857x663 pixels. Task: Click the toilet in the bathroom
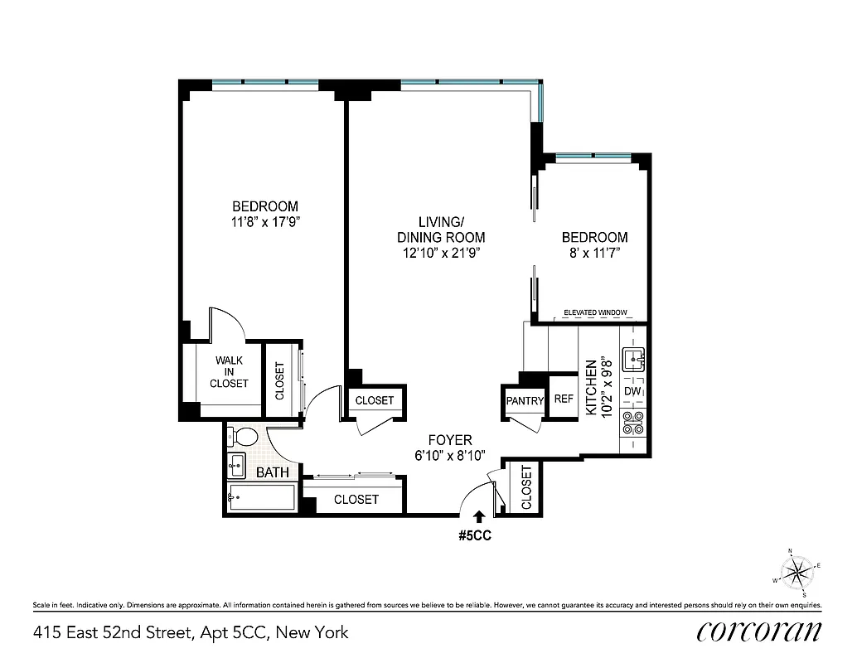click(243, 437)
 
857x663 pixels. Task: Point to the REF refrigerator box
click(564, 399)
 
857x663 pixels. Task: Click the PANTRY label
click(525, 401)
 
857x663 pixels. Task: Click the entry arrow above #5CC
click(478, 516)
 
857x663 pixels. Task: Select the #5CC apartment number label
click(476, 535)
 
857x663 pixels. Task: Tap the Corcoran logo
click(759, 632)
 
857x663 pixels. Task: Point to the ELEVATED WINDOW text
click(594, 312)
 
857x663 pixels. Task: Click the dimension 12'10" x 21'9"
click(439, 253)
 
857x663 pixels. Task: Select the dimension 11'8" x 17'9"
click(264, 221)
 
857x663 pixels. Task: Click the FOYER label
click(449, 440)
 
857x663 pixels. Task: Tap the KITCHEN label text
click(592, 386)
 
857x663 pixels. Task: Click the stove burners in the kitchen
click(634, 423)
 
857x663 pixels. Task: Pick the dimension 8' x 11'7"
click(592, 252)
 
